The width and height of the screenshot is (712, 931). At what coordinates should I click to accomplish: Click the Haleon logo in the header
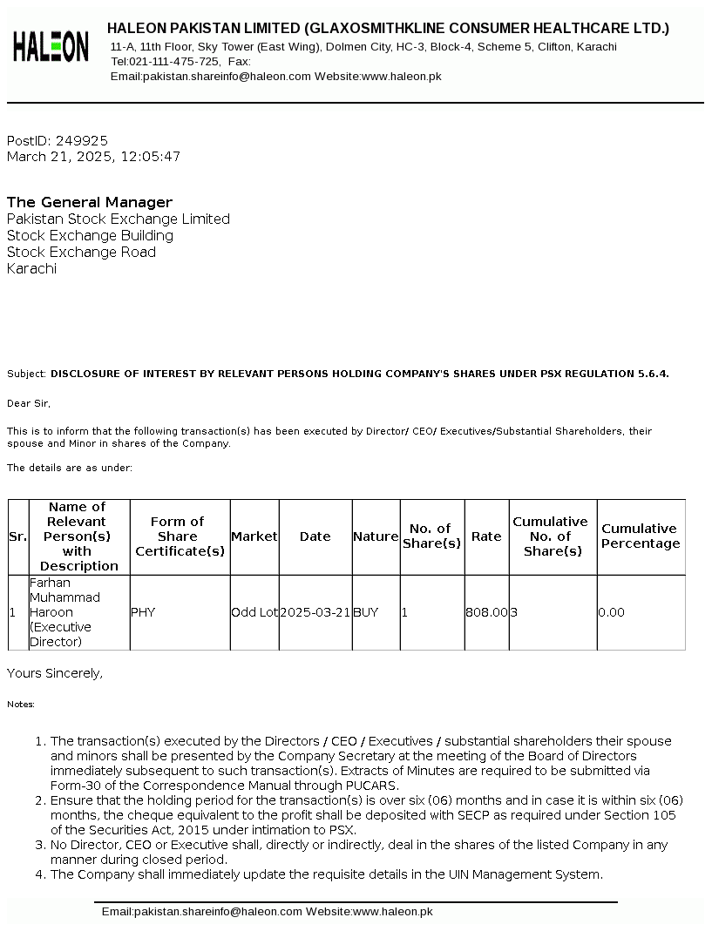(x=51, y=46)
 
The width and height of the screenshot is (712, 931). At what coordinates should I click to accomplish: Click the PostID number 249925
(x=82, y=140)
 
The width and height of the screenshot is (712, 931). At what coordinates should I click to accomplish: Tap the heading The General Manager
(x=90, y=202)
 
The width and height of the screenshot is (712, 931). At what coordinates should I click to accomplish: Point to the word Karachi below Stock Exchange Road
(x=31, y=268)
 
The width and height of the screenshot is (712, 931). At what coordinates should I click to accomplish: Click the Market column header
(x=254, y=536)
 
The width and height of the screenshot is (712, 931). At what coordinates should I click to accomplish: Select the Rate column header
(x=486, y=536)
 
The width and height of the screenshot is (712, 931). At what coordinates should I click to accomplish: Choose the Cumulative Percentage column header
(x=641, y=536)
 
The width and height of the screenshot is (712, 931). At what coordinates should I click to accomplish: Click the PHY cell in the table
(x=143, y=612)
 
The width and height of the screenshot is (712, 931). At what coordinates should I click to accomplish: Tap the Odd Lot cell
(x=254, y=612)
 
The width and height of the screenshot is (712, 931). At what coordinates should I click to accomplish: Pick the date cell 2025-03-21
(x=315, y=612)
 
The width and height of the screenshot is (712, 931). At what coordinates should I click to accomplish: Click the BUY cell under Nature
(x=366, y=612)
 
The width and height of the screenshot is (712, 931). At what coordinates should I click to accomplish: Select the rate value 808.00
(x=486, y=612)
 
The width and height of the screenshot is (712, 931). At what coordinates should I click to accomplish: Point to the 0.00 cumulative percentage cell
(x=612, y=612)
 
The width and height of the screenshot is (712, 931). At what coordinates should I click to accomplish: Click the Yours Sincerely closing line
(x=55, y=673)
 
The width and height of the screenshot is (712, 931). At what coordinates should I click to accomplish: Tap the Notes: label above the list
(x=21, y=704)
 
